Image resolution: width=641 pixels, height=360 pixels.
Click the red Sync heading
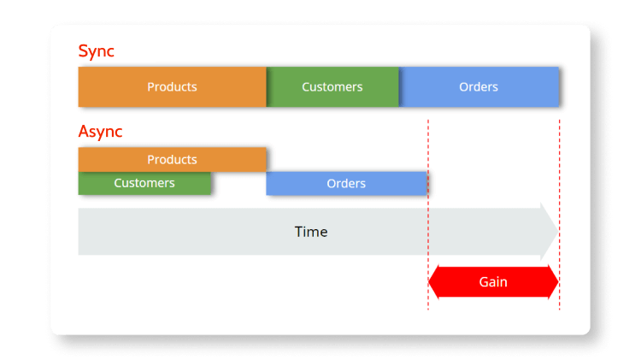[x=96, y=51]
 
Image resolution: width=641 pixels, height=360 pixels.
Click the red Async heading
[x=100, y=132]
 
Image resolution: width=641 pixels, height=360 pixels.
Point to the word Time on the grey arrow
[x=311, y=232]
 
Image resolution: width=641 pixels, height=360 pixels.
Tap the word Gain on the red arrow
[x=493, y=282]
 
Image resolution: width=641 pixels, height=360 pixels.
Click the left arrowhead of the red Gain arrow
[x=433, y=282]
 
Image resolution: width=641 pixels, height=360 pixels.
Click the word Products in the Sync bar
[x=172, y=86]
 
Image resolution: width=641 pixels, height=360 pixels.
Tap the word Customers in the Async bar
[x=144, y=183]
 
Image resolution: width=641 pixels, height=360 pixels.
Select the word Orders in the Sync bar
[x=479, y=86]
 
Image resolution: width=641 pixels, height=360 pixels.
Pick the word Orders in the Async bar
[x=346, y=183]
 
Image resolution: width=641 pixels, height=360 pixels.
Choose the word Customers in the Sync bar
[x=332, y=86]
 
